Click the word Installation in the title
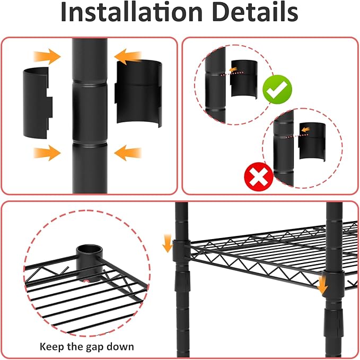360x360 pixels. point(131,12)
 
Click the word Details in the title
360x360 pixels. point(255,12)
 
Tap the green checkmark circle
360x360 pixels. point(277,90)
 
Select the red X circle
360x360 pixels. point(259,177)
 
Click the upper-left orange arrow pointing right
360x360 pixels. point(47,56)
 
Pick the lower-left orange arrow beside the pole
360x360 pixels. point(47,153)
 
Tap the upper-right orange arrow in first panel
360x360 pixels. point(128,57)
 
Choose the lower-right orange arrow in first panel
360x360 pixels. point(128,153)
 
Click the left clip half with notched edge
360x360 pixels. point(38,103)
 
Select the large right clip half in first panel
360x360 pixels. point(138,93)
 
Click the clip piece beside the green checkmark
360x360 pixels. point(244,79)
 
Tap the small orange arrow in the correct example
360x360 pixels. point(233,69)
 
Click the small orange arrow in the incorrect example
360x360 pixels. point(305,130)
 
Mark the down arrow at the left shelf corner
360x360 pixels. point(168,243)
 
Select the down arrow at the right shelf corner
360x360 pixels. point(322,285)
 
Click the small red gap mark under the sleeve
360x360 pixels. point(86,281)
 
